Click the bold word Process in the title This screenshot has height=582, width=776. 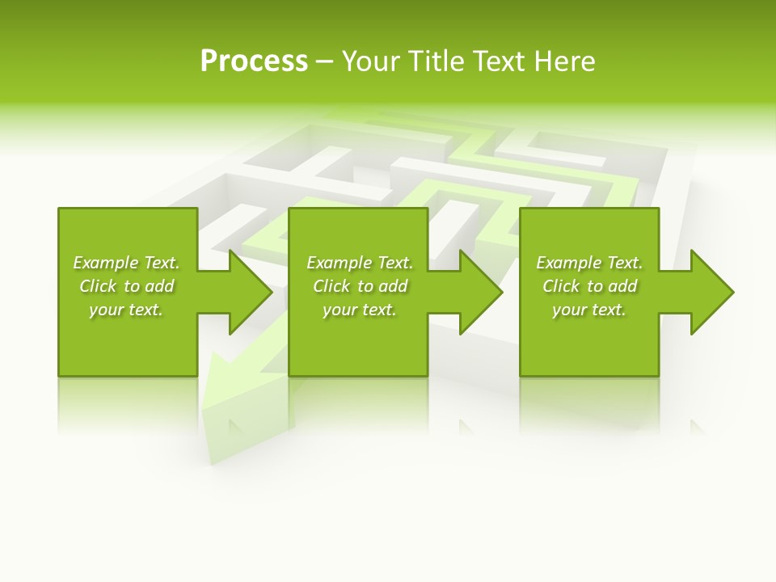[x=254, y=61]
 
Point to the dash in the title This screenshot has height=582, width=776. [x=324, y=62]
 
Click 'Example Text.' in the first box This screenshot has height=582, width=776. [x=126, y=263]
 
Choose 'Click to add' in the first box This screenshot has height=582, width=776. [x=126, y=286]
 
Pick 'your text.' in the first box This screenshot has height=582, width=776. [x=126, y=310]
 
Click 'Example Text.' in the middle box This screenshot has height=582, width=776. [x=360, y=263]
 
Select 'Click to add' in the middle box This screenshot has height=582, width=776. [x=360, y=286]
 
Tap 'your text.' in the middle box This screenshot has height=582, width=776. [x=360, y=310]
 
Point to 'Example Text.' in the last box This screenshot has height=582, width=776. [x=589, y=263]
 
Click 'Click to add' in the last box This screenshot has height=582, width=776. [x=589, y=286]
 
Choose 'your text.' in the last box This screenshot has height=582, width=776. [x=589, y=310]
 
